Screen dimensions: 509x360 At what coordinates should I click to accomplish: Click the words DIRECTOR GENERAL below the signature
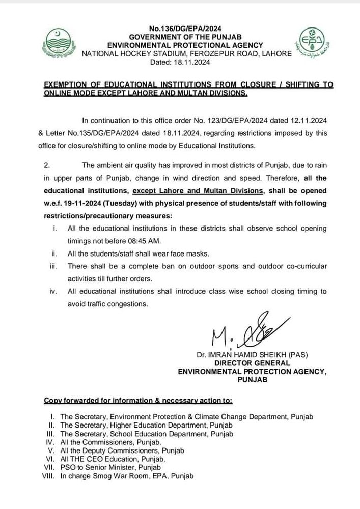click(252, 363)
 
